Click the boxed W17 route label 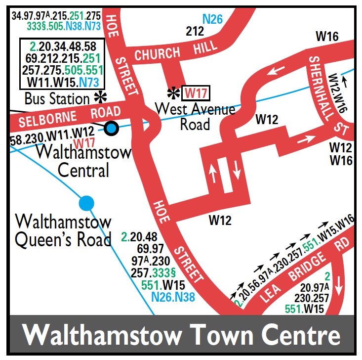196,93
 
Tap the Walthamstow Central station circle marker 112,129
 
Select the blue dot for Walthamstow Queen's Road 86,202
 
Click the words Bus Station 57,98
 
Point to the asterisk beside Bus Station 102,97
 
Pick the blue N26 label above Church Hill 213,20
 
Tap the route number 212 195,32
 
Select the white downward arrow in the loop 237,173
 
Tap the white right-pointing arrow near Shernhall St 306,139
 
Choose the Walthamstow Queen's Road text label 63,230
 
